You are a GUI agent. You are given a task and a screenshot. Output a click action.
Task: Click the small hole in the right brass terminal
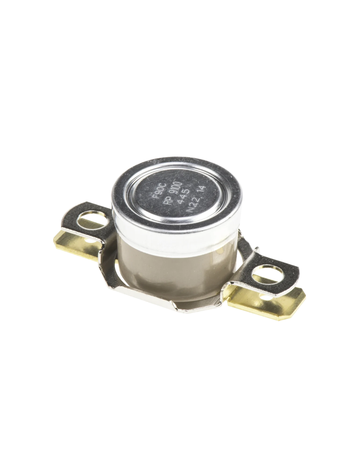pyautogui.click(x=266, y=297)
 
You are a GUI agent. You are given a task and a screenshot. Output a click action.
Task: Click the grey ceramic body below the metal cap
pyautogui.click(x=162, y=266)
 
